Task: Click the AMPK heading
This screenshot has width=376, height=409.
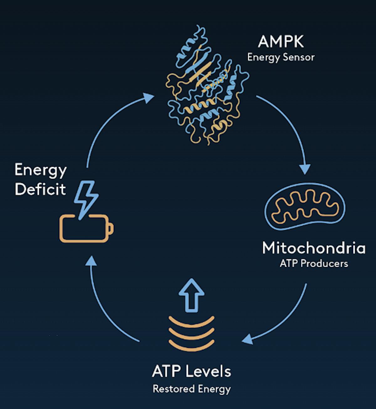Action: pyautogui.click(x=281, y=42)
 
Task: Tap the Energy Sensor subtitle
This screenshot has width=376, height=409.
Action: pyautogui.click(x=281, y=58)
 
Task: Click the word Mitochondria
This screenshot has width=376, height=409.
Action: pyautogui.click(x=314, y=248)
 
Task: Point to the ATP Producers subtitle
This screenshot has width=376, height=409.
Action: pyautogui.click(x=314, y=263)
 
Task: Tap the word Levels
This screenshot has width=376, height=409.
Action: pyautogui.click(x=208, y=371)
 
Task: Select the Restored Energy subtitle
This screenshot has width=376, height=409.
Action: pyautogui.click(x=191, y=389)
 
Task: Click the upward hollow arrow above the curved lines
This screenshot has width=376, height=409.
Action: pyautogui.click(x=191, y=295)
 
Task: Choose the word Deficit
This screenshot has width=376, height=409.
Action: pyautogui.click(x=40, y=189)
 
